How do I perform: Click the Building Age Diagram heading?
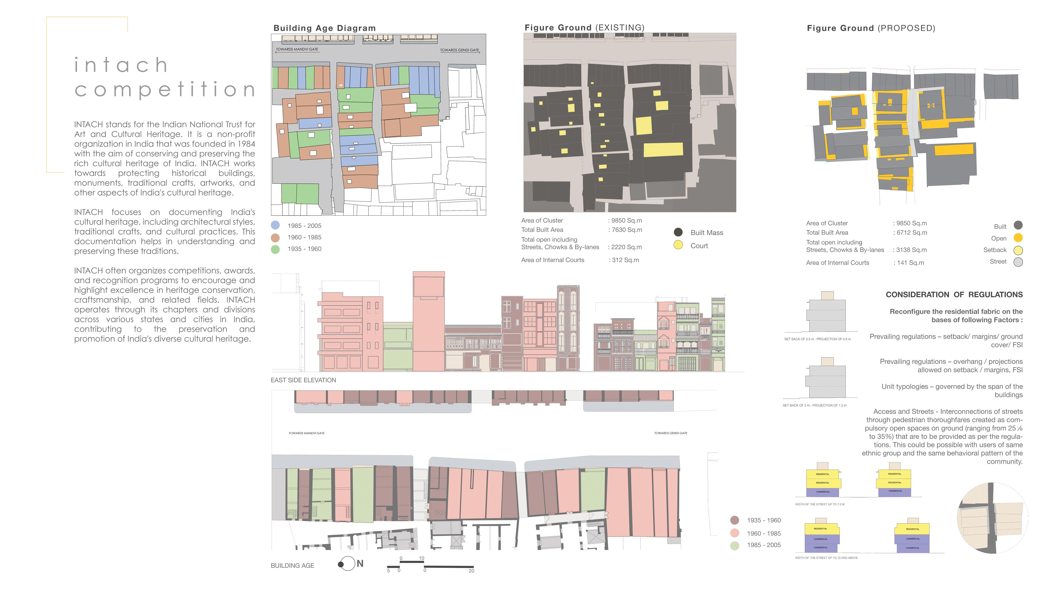(x=324, y=28)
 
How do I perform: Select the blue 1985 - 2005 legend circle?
(x=275, y=225)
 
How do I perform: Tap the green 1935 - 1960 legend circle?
(x=275, y=249)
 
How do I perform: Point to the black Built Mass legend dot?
(x=678, y=232)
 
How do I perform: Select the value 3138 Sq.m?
(x=911, y=250)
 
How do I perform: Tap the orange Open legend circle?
(x=1017, y=238)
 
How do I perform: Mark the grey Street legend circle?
(x=1017, y=262)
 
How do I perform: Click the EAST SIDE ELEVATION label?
(x=303, y=380)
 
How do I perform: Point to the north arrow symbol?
(x=347, y=564)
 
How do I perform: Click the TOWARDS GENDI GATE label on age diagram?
(x=459, y=50)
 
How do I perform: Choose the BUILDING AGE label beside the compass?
(x=292, y=566)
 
